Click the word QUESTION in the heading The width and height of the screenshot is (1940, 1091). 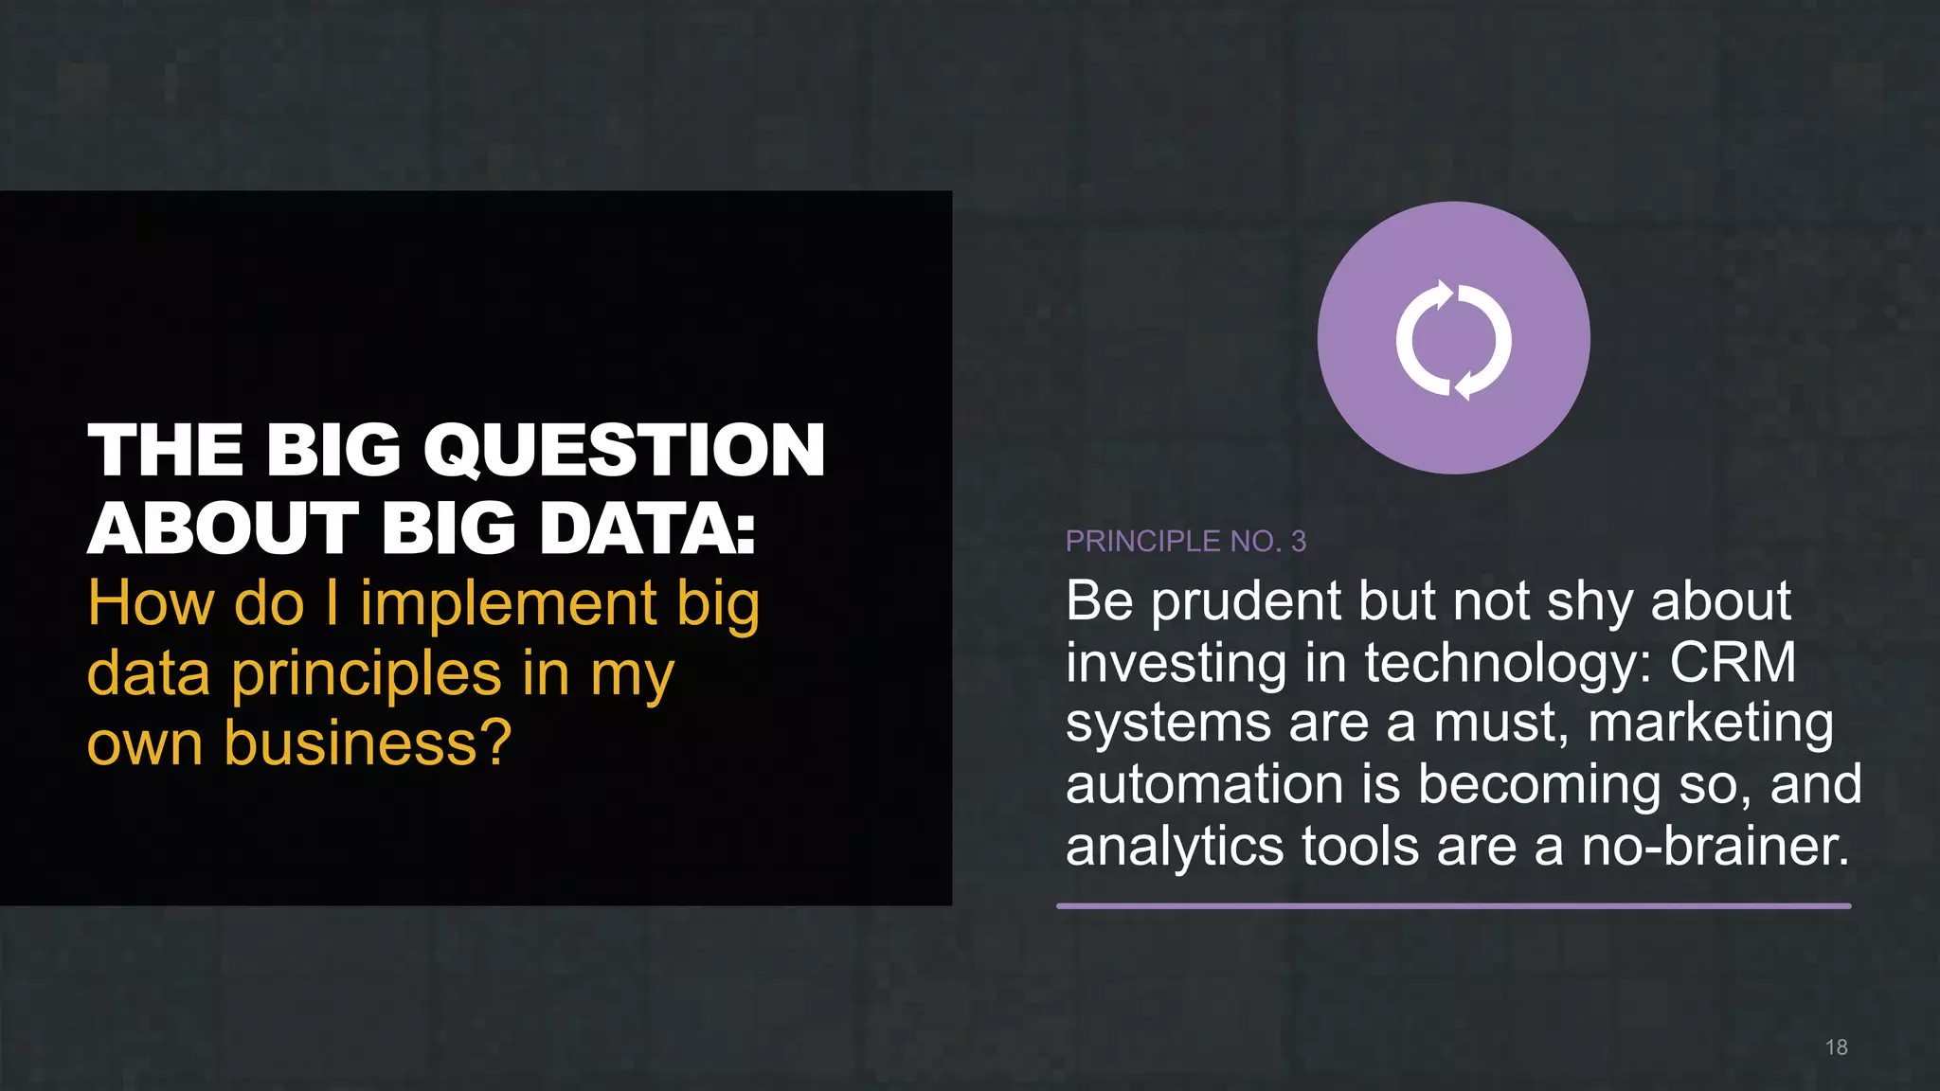click(x=624, y=451)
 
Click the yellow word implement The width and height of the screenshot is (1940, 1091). click(x=509, y=604)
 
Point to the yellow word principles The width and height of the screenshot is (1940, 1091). click(x=367, y=674)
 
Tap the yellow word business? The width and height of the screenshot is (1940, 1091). click(x=368, y=743)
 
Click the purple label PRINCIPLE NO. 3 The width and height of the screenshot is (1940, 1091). click(x=1185, y=541)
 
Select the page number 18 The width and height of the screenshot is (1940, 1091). click(x=1836, y=1047)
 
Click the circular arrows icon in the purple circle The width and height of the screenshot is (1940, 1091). click(x=1453, y=340)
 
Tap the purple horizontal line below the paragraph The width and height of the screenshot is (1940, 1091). click(x=1453, y=906)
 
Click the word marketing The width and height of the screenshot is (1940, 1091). click(x=1710, y=725)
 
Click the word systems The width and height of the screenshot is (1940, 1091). click(x=1168, y=725)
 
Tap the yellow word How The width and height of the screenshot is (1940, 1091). click(x=151, y=604)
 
